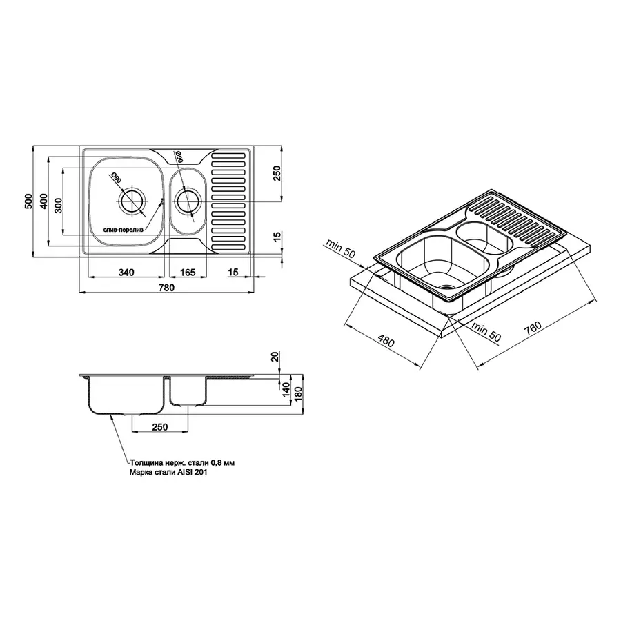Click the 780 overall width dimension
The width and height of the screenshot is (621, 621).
tap(166, 288)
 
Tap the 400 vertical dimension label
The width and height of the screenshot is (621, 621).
tap(43, 201)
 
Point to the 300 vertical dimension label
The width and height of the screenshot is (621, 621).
tap(59, 206)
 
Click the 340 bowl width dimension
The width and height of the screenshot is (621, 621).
tap(126, 273)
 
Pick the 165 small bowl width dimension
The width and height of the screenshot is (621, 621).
tap(188, 273)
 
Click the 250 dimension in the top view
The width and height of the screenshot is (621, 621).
tap(277, 173)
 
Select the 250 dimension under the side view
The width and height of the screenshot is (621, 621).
tap(159, 427)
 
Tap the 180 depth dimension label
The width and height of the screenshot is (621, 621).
tap(298, 395)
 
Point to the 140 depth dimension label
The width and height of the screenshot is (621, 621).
tap(286, 390)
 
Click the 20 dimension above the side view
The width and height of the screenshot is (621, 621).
tap(275, 357)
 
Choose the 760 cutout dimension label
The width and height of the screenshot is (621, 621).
tap(533, 328)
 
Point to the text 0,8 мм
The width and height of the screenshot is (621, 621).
tap(224, 462)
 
